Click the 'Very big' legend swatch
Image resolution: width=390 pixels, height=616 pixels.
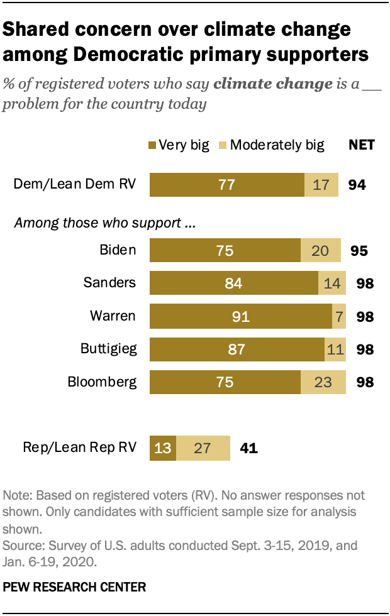coord(152,145)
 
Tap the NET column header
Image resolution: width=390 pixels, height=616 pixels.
coord(362,145)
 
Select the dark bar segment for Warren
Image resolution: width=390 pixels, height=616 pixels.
coord(241,316)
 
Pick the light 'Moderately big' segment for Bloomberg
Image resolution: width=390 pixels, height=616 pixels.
coord(323,382)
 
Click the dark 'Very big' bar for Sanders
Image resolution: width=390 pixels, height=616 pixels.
coord(234,283)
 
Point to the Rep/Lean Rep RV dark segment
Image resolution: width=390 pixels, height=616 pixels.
coord(162,448)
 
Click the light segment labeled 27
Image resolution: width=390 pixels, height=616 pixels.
coord(203,448)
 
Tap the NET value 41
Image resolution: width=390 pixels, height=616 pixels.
coord(248,448)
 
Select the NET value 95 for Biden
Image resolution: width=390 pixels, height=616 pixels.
coord(359,250)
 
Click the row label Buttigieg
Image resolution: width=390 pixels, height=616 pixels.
coord(108,348)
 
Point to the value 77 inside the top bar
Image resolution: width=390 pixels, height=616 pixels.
coord(225,185)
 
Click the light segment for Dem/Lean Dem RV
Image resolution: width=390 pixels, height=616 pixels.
coord(321,185)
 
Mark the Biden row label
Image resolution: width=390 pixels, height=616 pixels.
coord(118,250)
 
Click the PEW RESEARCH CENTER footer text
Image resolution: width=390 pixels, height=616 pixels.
coord(74,587)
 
